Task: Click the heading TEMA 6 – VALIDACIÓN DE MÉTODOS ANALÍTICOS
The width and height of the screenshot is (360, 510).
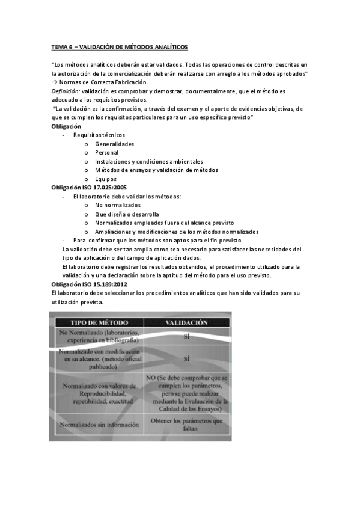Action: [x=119, y=46]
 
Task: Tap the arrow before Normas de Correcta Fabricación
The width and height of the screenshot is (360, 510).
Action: [x=55, y=82]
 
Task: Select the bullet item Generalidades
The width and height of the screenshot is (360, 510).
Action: [x=114, y=144]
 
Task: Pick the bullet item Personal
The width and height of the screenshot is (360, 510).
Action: [x=106, y=153]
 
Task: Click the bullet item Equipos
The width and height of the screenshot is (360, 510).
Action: [x=106, y=179]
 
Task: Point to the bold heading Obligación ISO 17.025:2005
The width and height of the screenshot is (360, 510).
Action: [x=88, y=188]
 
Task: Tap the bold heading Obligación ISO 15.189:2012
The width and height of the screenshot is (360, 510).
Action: [x=89, y=284]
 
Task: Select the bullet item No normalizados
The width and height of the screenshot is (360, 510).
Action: [x=117, y=206]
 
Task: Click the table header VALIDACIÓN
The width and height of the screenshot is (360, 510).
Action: [x=186, y=322]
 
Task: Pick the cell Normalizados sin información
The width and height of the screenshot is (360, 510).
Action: [x=97, y=425]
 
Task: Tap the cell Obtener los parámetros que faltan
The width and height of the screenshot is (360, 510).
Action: [x=186, y=425]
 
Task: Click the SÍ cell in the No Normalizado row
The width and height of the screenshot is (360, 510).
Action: [x=186, y=337]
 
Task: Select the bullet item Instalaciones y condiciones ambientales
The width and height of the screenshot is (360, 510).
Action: [x=148, y=162]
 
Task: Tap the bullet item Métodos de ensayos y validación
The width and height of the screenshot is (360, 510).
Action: [x=156, y=170]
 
